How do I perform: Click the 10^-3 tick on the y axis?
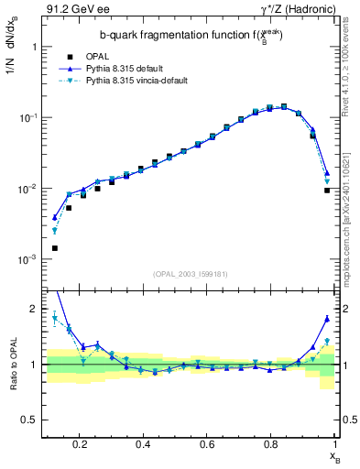pyautogui.click(x=27, y=260)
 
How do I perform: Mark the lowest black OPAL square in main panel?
pyautogui.click(x=55, y=248)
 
